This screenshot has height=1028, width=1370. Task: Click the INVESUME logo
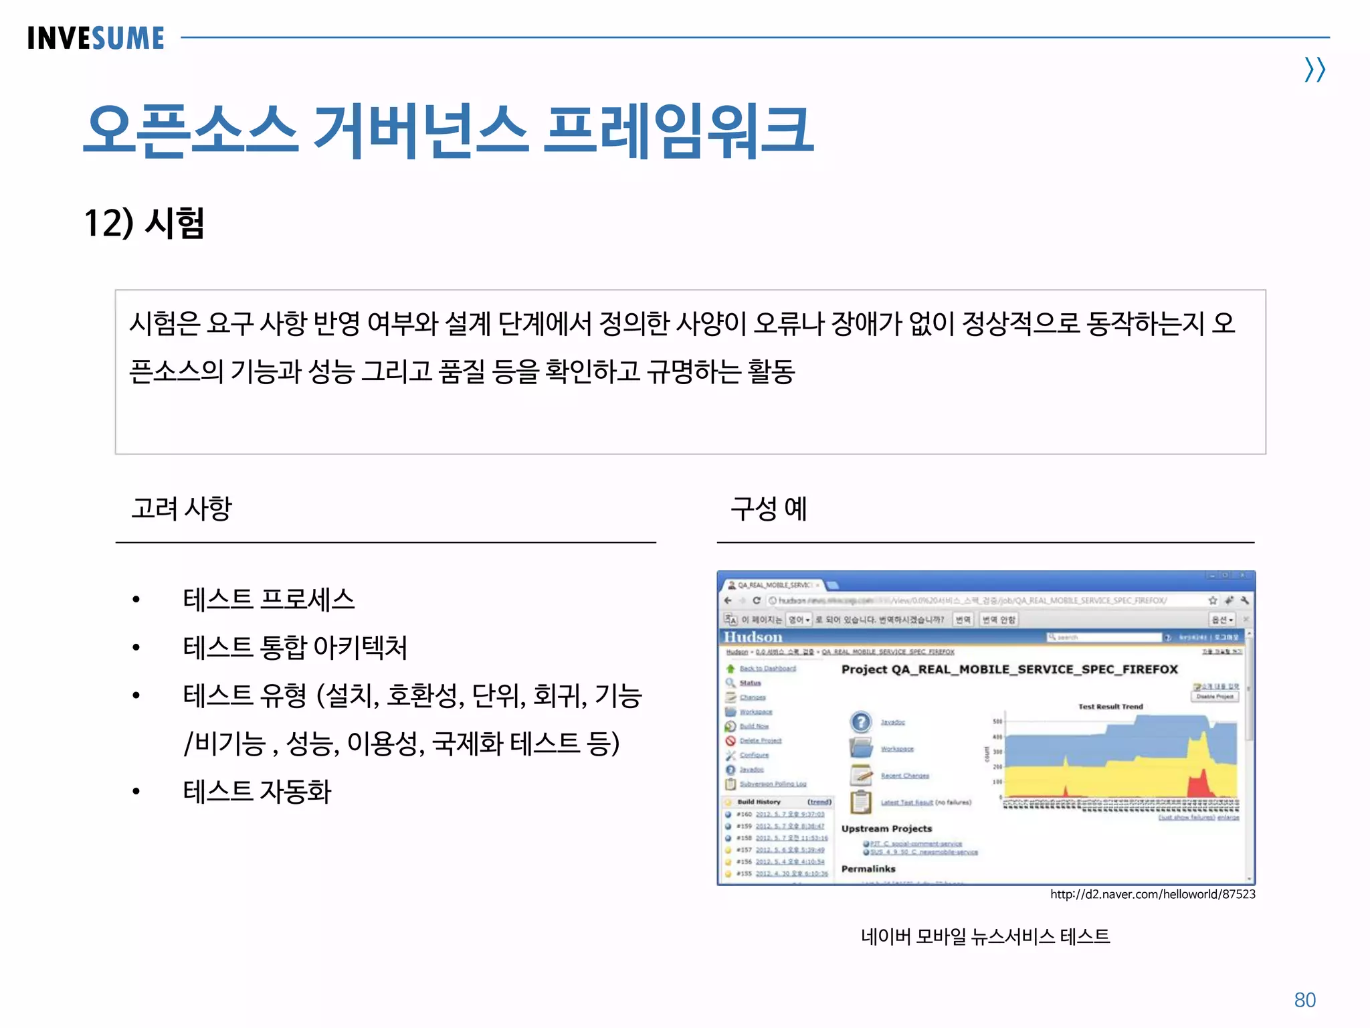pos(96,38)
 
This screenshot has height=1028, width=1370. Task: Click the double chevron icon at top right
pos(1314,70)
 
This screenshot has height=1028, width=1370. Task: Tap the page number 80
pos(1304,1000)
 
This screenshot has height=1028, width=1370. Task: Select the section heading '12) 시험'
pos(144,223)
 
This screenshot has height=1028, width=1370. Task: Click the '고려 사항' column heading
pos(181,509)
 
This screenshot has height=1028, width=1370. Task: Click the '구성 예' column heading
pos(769,509)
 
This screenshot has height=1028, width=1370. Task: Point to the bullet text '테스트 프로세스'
pos(268,599)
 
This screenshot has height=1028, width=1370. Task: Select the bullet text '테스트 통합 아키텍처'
pos(295,647)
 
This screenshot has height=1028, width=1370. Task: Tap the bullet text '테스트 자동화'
pos(257,792)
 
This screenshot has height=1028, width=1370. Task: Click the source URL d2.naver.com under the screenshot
pos(1152,894)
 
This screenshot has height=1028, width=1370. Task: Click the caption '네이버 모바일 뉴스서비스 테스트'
pos(985,936)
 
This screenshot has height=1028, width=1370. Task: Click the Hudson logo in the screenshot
pos(753,637)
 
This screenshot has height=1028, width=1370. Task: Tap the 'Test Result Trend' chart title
pos(1110,706)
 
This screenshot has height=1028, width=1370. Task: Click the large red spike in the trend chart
pos(1201,783)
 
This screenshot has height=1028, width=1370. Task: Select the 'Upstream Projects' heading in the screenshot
pos(886,829)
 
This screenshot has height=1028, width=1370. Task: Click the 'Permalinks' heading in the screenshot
pos(868,869)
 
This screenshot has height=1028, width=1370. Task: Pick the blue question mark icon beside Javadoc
pos(861,722)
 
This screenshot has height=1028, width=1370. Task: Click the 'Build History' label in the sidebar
pos(759,802)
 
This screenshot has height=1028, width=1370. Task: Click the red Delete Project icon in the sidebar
pos(730,741)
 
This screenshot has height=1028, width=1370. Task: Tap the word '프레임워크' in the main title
pos(678,130)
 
